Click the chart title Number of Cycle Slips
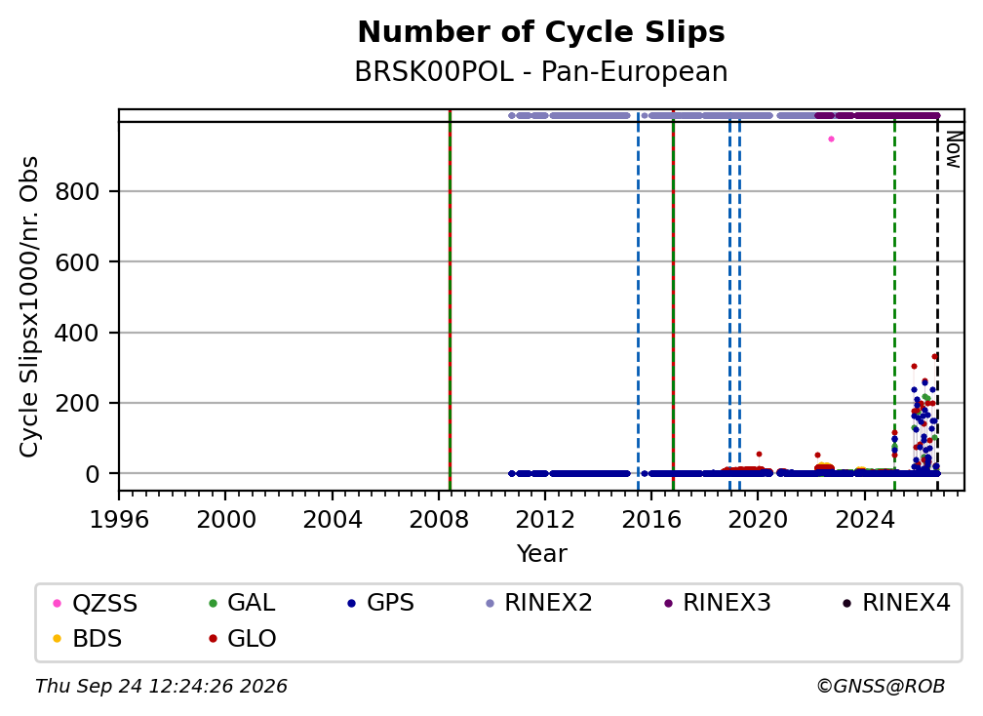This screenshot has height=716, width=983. [x=541, y=32]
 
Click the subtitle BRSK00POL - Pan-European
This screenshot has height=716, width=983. [x=541, y=72]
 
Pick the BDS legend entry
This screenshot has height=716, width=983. [x=88, y=639]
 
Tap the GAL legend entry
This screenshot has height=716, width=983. [x=242, y=603]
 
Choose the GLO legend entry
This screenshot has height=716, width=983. [x=243, y=639]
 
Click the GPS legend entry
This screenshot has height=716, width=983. [x=381, y=603]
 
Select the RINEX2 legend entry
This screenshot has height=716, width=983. [x=539, y=603]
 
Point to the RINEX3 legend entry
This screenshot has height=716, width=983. [x=717, y=603]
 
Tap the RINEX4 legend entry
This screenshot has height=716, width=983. [x=896, y=603]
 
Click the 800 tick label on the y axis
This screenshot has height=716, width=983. [x=77, y=191]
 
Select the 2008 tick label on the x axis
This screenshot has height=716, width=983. [x=439, y=520]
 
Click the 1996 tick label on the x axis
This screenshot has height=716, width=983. [x=119, y=520]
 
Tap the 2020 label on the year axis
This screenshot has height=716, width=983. [x=758, y=520]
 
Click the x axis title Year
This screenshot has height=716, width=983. [x=541, y=554]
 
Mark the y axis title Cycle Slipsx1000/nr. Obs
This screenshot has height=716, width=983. [x=29, y=306]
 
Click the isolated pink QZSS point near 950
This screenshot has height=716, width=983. [x=831, y=139]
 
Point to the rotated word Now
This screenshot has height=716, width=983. [x=954, y=149]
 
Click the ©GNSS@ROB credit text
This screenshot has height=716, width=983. [x=881, y=687]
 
